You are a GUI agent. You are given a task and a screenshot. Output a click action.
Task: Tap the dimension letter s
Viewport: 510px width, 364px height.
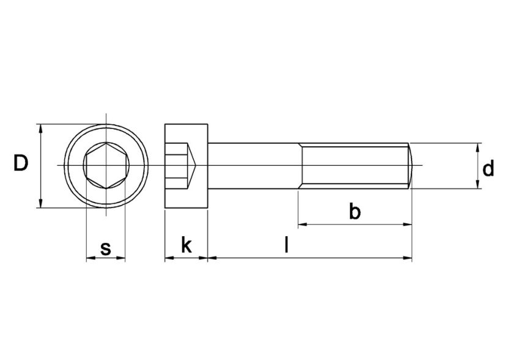105,248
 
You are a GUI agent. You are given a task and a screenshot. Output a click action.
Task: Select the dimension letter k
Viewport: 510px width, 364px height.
187,246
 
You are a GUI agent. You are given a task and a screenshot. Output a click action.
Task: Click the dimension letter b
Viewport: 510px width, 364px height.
355,212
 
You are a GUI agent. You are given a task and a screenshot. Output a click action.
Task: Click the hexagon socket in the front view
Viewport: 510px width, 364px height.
105,166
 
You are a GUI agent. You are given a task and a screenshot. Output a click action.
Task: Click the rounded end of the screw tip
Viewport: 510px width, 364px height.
412,165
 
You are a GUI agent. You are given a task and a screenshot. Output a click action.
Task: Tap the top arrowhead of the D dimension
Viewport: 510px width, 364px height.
41,128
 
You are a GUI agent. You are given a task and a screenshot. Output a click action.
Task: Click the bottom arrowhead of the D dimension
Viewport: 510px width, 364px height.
41,204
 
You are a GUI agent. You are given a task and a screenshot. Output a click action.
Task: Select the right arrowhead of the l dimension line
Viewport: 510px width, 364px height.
407,259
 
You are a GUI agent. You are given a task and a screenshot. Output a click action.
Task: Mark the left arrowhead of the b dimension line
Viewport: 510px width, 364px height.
302,225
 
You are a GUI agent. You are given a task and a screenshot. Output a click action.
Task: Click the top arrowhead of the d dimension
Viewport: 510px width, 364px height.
478,147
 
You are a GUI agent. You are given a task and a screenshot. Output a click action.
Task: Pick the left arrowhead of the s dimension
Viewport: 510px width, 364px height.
89,259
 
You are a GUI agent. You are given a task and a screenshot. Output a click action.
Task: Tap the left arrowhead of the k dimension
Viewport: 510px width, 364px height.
169,259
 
